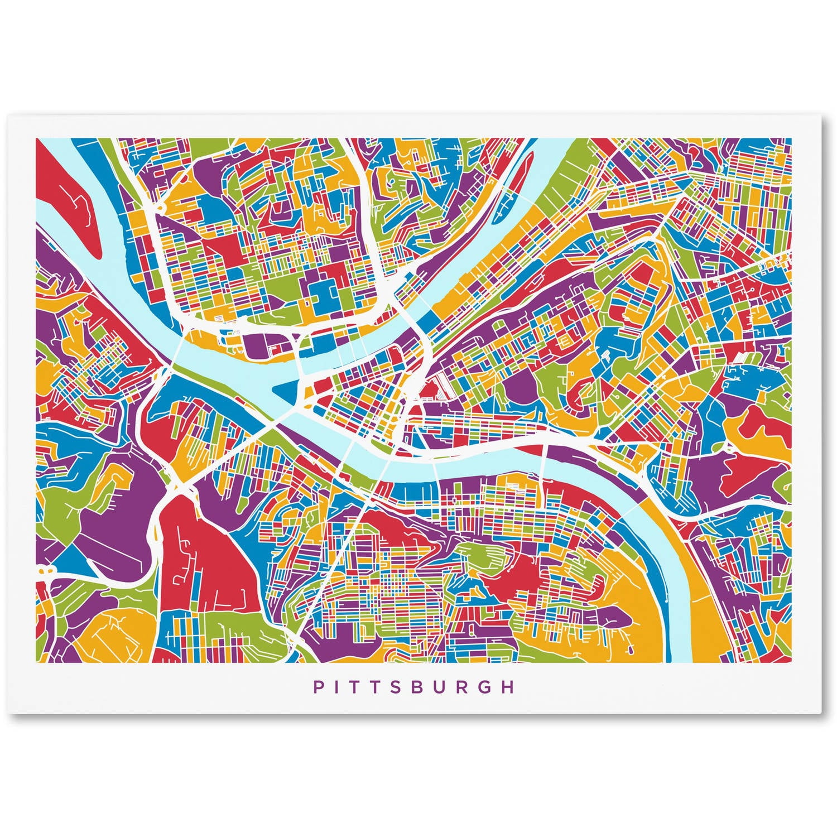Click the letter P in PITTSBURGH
click(318, 687)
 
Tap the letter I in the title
click(337, 687)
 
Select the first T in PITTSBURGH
click(355, 687)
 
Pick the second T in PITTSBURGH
click(376, 687)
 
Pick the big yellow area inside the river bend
click(636, 603)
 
